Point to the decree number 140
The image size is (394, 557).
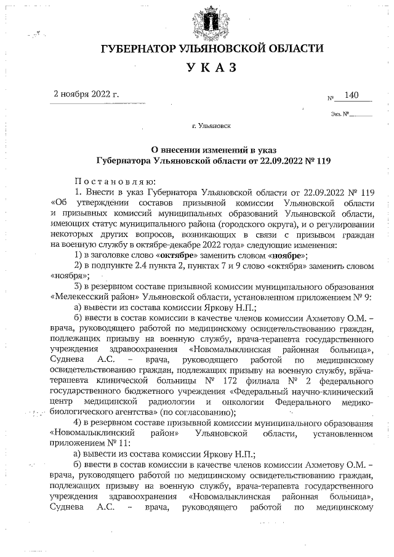[x=352, y=95]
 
